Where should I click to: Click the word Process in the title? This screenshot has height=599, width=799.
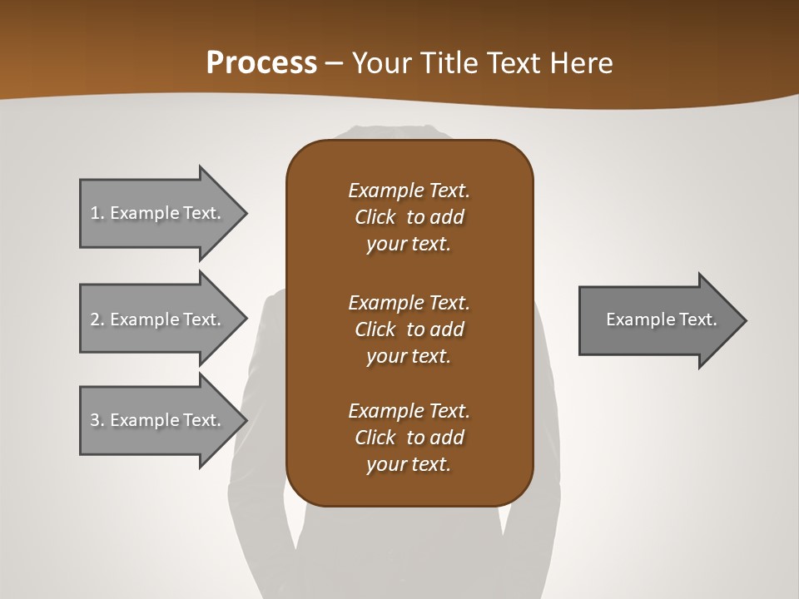[x=261, y=63]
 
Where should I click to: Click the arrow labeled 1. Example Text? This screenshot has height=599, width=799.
[x=158, y=213]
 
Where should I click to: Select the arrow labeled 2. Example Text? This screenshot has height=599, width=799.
[x=158, y=319]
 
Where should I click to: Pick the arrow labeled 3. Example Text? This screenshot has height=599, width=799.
[x=158, y=420]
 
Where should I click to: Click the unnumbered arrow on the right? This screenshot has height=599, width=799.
[x=658, y=319]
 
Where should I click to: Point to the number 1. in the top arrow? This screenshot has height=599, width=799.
[x=97, y=213]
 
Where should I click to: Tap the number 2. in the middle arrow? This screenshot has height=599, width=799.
[x=97, y=319]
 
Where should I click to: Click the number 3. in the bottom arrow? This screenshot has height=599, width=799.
[x=97, y=420]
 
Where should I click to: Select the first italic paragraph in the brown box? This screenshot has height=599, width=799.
[x=409, y=217]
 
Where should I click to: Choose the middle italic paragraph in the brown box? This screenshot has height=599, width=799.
[x=409, y=329]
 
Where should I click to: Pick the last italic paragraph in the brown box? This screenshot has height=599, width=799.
[x=409, y=438]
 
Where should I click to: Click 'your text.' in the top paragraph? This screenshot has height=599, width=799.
[x=409, y=245]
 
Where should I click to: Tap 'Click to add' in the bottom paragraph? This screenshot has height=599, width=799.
[x=409, y=438]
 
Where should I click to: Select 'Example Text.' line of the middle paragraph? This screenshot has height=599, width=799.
[x=409, y=303]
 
